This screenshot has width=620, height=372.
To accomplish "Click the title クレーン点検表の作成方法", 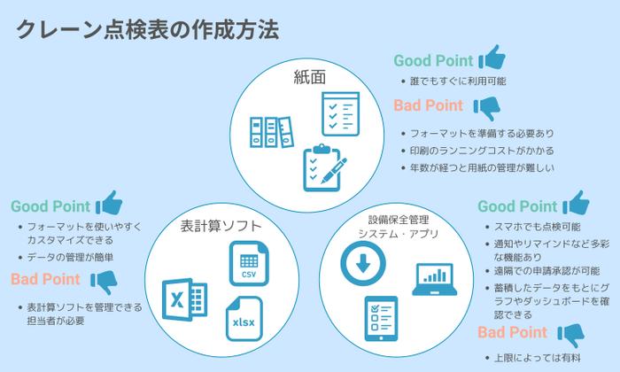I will [x=148, y=29].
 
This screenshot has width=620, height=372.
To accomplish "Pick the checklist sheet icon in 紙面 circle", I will [x=339, y=112].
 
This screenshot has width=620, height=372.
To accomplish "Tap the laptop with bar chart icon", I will [x=433, y=280].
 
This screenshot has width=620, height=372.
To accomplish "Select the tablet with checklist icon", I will [x=382, y=318].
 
